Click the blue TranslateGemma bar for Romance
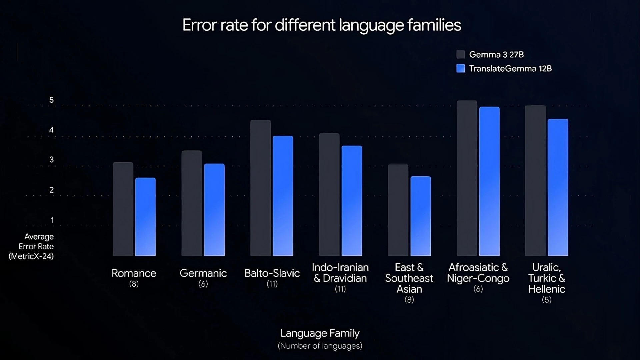pyautogui.click(x=145, y=217)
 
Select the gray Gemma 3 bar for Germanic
pyautogui.click(x=192, y=203)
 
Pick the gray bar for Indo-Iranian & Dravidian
pyautogui.click(x=329, y=195)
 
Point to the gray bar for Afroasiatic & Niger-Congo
pyautogui.click(x=467, y=178)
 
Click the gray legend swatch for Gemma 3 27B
pyautogui.click(x=461, y=54)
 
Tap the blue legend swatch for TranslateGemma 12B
pyautogui.click(x=461, y=68)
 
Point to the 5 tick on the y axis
pyautogui.click(x=51, y=100)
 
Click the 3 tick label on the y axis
pyautogui.click(x=51, y=160)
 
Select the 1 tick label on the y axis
pyautogui.click(x=52, y=220)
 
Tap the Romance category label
pyautogui.click(x=134, y=273)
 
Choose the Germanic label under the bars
pyautogui.click(x=203, y=273)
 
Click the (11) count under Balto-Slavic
pyautogui.click(x=272, y=284)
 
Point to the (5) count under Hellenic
pyautogui.click(x=547, y=300)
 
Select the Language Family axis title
pyautogui.click(x=320, y=333)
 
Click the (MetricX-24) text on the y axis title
pyautogui.click(x=31, y=256)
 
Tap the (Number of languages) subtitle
pyautogui.click(x=320, y=346)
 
